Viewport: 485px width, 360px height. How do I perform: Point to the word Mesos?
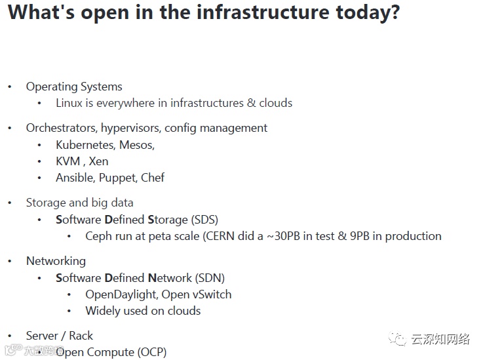click(137, 145)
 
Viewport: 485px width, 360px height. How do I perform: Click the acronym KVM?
click(68, 161)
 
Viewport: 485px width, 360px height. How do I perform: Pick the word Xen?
click(99, 161)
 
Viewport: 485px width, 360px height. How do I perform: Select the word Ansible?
click(75, 178)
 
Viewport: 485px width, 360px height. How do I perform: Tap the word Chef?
click(153, 178)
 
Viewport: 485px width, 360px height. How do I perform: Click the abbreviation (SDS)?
click(204, 220)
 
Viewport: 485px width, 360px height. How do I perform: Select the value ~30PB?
click(283, 236)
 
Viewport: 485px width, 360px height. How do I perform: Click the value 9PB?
click(360, 236)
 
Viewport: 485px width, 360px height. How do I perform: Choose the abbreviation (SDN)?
click(210, 278)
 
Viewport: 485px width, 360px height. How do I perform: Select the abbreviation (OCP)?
click(152, 352)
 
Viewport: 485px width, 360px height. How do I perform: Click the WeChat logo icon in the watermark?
click(397, 338)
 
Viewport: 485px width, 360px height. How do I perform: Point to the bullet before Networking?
click(10, 261)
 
